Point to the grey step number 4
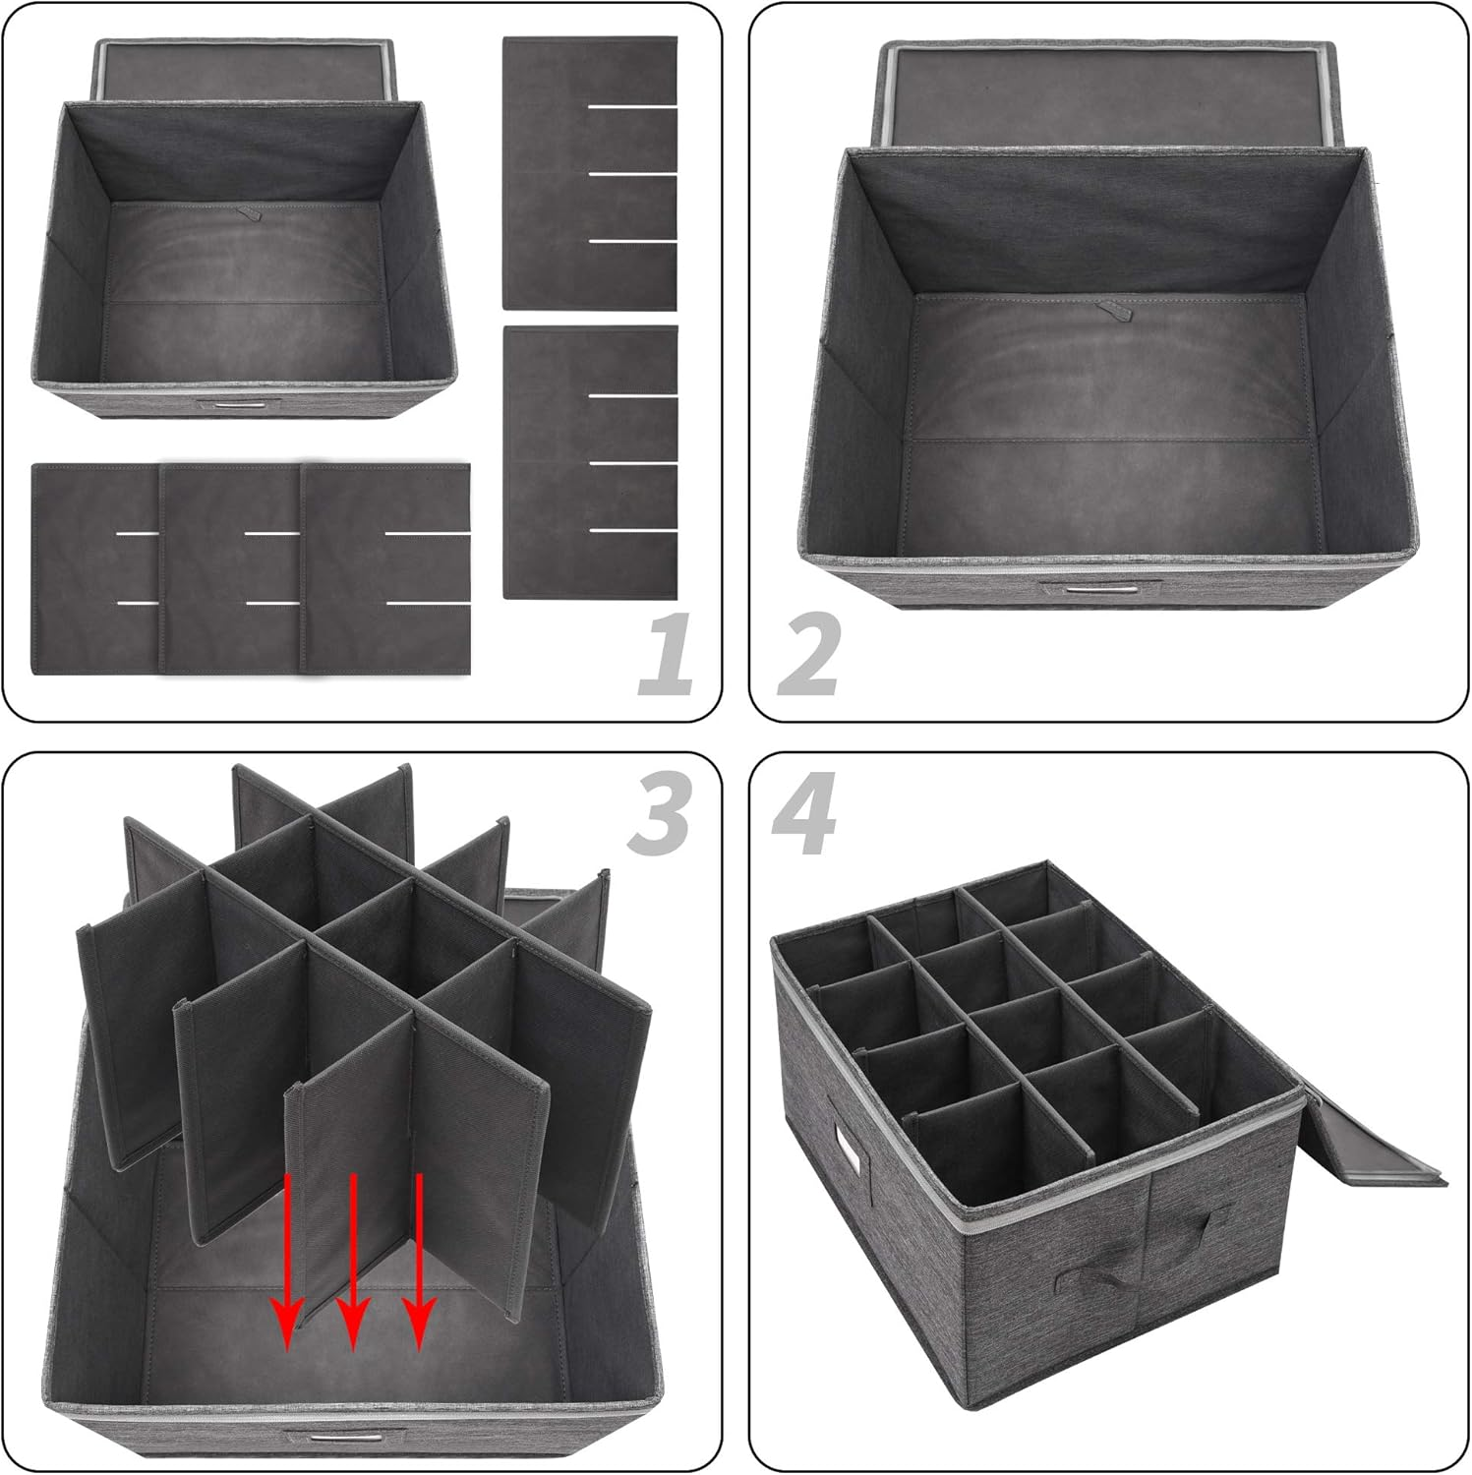(804, 812)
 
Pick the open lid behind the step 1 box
(246, 69)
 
